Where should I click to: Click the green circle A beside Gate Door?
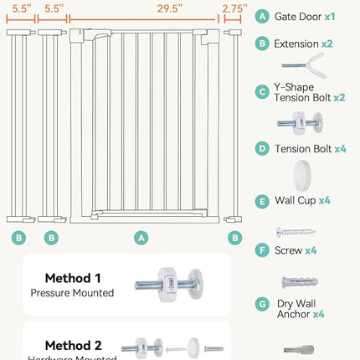tap(263, 16)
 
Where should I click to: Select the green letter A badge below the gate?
tap(141, 238)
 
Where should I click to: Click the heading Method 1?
tap(72, 278)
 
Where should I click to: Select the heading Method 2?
tap(72, 345)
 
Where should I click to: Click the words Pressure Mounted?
tap(72, 293)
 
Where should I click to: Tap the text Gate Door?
tap(297, 16)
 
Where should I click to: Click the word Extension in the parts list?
tap(296, 43)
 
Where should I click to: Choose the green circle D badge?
tap(263, 148)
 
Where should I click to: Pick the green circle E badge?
tap(263, 200)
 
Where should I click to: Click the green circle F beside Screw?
tap(263, 250)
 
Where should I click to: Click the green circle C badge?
tap(263, 91)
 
